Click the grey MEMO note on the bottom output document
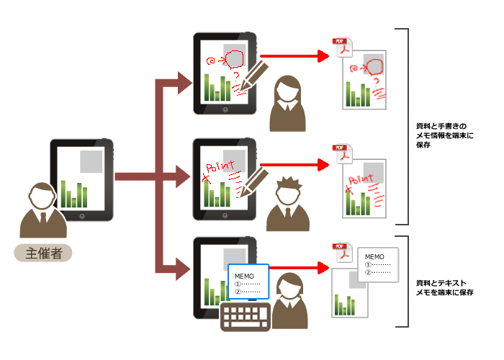click(x=380, y=266)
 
